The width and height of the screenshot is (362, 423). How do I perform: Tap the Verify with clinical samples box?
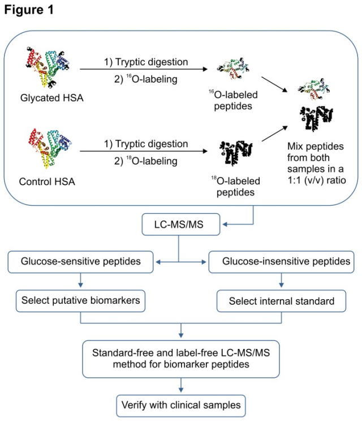[x=181, y=405]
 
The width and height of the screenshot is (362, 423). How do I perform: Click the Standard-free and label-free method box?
[x=181, y=359]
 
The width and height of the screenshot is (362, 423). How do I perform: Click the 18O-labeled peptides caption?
[x=237, y=187]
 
